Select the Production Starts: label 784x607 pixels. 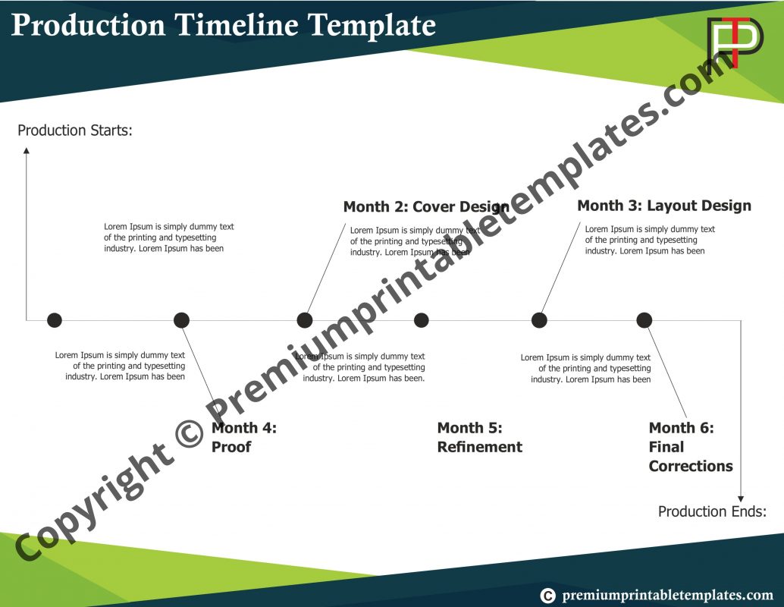tap(75, 131)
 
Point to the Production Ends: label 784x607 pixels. tap(712, 511)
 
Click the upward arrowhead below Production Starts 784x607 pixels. tap(27, 150)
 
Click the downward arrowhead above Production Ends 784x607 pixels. tap(741, 497)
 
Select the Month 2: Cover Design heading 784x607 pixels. tap(426, 206)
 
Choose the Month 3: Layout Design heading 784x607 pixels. tap(664, 206)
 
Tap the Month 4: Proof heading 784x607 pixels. tap(243, 437)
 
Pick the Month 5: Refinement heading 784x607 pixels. tap(479, 437)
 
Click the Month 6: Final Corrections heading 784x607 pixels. tap(690, 447)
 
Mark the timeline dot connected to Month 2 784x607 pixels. tap(305, 320)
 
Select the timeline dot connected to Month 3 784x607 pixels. tap(539, 320)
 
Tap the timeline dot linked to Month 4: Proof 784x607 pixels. tap(181, 320)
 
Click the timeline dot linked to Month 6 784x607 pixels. tap(644, 320)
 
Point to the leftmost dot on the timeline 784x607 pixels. tap(55, 320)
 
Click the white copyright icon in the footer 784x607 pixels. tap(547, 596)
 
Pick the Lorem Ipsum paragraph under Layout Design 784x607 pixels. tap(649, 240)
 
